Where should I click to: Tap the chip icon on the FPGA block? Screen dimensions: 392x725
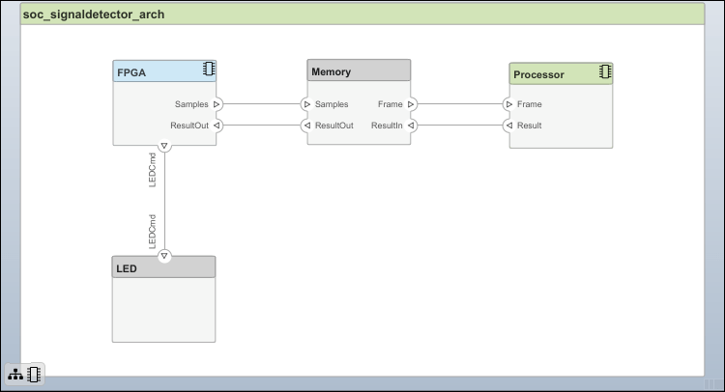[208, 70]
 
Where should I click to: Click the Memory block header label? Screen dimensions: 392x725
[331, 71]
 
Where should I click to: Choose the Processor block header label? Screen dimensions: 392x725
[538, 74]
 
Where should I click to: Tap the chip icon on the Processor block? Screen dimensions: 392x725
[604, 71]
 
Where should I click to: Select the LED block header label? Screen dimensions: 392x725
[127, 267]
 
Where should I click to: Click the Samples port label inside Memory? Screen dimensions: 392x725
[332, 103]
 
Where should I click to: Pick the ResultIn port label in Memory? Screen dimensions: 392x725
[386, 125]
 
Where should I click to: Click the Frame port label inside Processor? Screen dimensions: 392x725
[529, 103]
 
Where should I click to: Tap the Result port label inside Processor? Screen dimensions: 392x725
[529, 125]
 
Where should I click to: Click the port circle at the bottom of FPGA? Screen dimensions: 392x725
[164, 147]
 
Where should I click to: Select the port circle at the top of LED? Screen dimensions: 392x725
[164, 256]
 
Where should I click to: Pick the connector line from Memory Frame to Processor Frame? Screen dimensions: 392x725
[459, 103]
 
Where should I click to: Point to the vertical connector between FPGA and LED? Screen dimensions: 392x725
[164, 201]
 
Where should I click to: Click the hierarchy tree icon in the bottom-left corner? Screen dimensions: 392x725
[15, 374]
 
